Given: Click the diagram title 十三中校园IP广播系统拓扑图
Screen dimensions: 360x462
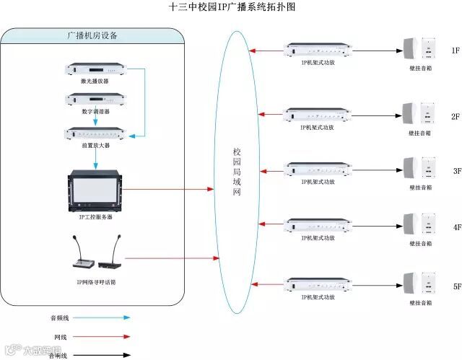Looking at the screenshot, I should [232, 7].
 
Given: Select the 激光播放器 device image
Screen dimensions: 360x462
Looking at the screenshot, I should [95, 70].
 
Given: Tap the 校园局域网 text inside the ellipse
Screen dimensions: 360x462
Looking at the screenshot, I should [236, 173].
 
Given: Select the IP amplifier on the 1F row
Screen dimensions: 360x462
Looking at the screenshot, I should [318, 51].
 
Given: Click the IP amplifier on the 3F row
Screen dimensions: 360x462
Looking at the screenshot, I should [318, 170].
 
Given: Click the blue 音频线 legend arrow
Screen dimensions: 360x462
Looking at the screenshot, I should [100, 317].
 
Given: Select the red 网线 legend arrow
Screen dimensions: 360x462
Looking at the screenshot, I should [100, 336].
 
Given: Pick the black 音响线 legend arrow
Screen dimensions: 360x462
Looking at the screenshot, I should [100, 355].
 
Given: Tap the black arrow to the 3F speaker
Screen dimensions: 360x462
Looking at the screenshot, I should [375, 171].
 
